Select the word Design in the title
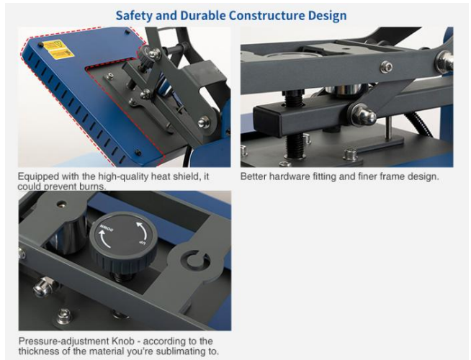[328, 15]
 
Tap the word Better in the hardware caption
[256, 176]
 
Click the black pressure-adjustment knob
[120, 241]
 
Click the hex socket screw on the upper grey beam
[387, 67]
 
